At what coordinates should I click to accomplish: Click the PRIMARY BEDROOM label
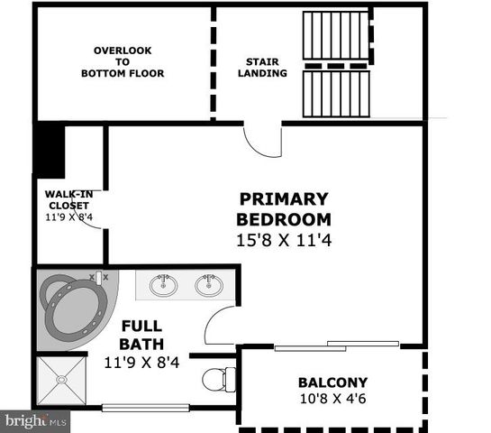[284, 208]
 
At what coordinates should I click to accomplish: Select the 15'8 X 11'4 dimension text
[284, 241]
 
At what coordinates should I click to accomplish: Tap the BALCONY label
[332, 382]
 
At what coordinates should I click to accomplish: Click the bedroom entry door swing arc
[262, 143]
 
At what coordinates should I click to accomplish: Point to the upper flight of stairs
[335, 37]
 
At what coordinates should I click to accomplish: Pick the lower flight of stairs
[335, 94]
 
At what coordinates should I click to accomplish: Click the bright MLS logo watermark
[35, 421]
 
